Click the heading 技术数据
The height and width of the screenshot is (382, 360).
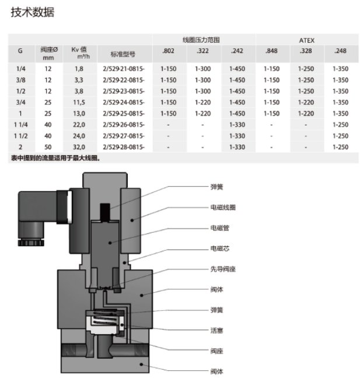33,12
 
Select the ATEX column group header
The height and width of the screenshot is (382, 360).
307,40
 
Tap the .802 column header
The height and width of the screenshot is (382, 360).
168,51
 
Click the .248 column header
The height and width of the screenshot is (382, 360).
340,51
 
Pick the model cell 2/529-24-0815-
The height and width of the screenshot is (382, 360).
124,102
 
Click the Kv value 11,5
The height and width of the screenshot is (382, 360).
79,102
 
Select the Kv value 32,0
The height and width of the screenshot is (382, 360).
79,147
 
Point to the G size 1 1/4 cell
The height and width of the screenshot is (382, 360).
21,125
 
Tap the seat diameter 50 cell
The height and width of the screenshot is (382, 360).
48,147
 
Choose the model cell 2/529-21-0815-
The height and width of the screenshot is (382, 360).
124,69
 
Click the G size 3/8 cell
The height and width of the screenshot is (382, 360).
21,80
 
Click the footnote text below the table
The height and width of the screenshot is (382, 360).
55,158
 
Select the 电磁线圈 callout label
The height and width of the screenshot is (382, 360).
223,207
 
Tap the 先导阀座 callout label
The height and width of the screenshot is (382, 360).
223,269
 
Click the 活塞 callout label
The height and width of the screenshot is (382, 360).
216,331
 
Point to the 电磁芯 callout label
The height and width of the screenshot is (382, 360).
220,248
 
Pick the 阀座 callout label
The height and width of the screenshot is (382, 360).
216,351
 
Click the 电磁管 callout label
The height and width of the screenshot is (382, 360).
220,228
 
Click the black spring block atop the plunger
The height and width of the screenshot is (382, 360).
105,212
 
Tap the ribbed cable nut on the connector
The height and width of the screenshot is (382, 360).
31,243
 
